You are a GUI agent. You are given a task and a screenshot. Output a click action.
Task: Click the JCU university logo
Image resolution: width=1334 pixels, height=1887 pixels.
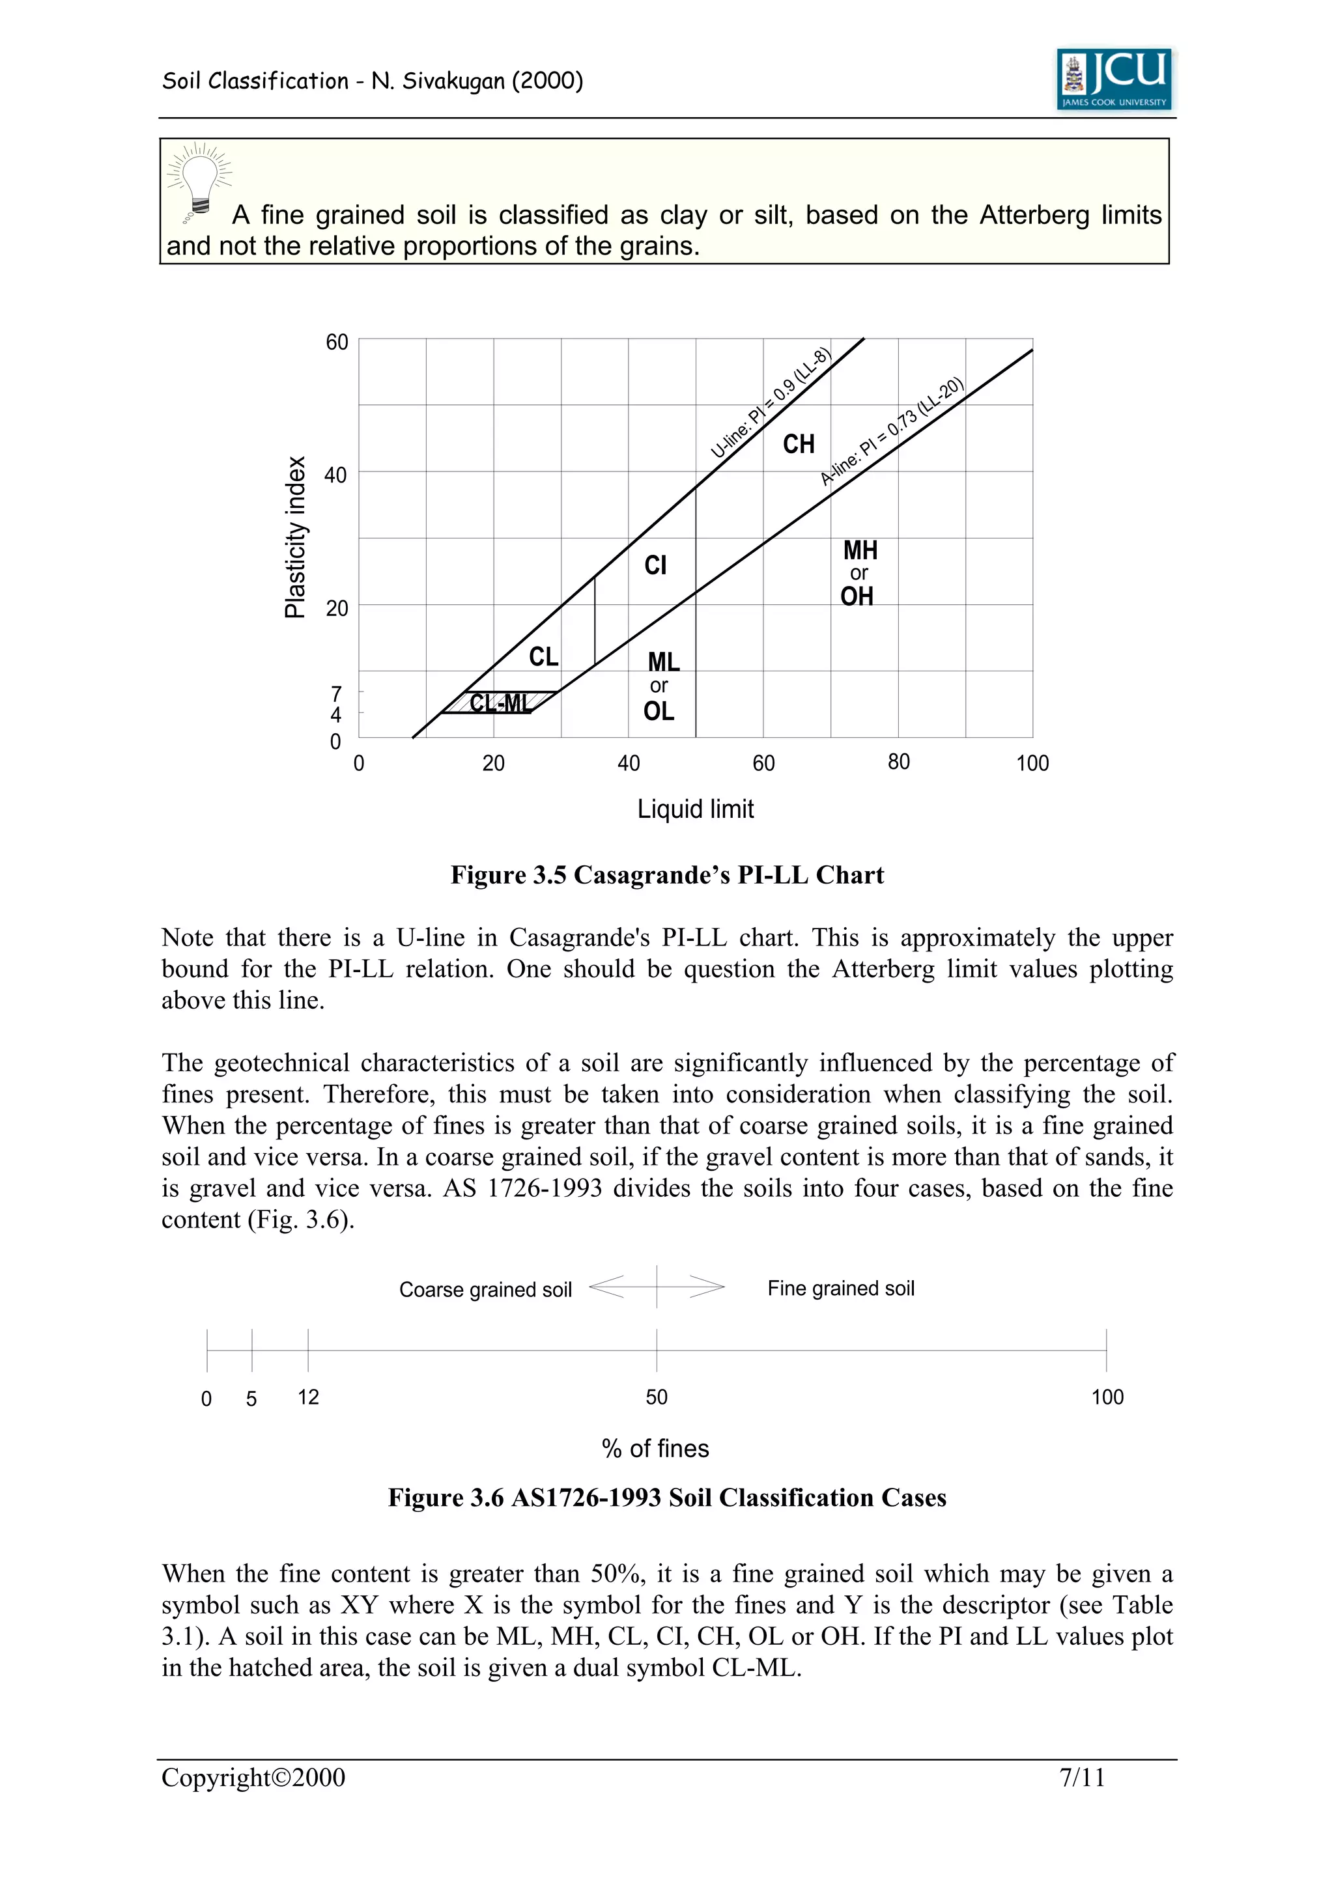point(1114,79)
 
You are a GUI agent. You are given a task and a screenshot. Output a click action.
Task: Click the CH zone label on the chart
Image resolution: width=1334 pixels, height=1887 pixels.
point(798,445)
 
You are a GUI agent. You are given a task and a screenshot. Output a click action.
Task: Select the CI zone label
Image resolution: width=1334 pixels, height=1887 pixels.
point(655,565)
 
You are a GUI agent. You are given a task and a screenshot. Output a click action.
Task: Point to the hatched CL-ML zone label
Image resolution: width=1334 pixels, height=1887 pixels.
point(500,703)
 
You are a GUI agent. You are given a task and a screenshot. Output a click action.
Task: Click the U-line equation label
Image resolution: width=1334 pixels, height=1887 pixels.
point(771,402)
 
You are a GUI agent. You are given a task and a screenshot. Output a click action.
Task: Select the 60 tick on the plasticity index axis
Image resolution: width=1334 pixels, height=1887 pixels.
point(337,342)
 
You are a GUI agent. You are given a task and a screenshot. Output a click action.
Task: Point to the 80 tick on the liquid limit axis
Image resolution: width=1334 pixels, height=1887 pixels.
point(898,762)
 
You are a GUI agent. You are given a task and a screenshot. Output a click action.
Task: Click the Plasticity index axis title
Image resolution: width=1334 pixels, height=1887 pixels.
point(295,537)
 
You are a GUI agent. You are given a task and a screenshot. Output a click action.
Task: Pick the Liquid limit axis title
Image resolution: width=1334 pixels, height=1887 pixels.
point(696,809)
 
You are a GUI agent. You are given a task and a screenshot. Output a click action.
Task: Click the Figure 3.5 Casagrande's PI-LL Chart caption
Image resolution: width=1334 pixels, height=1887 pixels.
point(666,875)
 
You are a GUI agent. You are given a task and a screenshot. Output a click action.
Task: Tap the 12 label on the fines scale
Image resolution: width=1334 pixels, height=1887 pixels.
point(308,1397)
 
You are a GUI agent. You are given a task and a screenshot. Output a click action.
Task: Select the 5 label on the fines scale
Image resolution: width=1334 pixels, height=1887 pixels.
point(251,1399)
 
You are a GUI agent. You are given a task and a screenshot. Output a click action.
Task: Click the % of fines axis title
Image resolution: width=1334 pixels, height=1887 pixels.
point(655,1448)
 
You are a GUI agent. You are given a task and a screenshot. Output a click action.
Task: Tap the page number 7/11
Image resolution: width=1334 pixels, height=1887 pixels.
point(1082,1778)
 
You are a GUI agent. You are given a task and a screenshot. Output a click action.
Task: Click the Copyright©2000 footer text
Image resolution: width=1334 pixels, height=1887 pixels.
point(253,1778)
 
